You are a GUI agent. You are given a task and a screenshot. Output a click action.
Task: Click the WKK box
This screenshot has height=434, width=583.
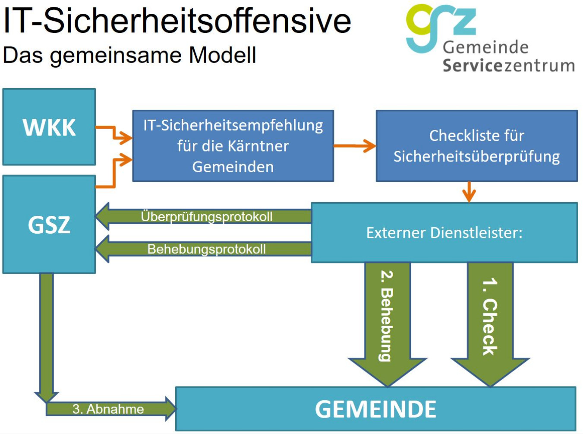49,127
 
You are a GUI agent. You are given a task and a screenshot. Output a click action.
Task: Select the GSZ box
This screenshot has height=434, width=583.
49,225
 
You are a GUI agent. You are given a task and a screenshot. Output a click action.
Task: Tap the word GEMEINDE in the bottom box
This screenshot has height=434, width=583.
375,409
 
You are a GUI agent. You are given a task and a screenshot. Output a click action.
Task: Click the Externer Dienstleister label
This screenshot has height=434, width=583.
444,233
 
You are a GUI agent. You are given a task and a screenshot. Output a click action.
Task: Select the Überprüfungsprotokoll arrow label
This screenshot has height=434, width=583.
207,217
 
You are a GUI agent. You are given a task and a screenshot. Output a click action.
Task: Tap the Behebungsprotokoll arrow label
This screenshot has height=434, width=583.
207,249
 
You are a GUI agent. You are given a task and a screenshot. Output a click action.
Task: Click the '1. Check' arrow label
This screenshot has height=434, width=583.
490,317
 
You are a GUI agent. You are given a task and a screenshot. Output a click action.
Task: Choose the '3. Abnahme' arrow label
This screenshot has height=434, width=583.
108,409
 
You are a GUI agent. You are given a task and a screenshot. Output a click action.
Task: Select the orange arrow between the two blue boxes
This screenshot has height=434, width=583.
355,146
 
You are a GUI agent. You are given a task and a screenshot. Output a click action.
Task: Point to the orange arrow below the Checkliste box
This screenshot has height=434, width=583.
469,192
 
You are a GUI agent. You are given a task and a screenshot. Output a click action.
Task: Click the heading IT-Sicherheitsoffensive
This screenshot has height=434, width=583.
177,21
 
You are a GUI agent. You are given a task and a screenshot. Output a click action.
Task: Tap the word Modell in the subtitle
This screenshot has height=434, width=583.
223,55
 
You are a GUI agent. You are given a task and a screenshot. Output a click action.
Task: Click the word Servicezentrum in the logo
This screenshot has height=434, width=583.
509,66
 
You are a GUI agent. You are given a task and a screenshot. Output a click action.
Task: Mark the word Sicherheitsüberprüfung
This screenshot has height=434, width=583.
476,157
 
